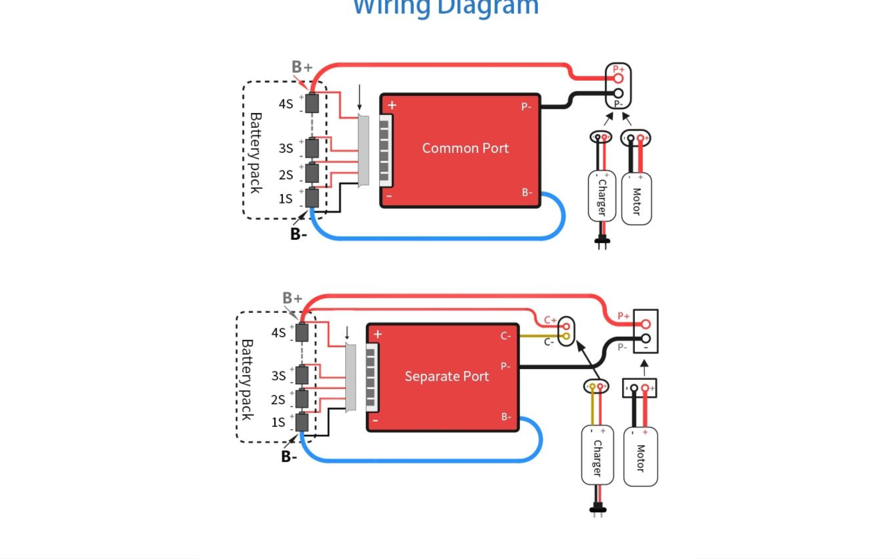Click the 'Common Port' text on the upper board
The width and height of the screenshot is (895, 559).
(465, 148)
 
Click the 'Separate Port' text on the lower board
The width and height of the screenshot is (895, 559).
(446, 376)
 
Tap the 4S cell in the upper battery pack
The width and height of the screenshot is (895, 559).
(312, 103)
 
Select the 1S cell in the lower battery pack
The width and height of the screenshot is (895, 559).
(302, 422)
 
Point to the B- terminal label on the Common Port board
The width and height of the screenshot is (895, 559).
(527, 192)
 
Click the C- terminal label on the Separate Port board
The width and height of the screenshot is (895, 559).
(506, 336)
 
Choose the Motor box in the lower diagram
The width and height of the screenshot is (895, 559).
(640, 457)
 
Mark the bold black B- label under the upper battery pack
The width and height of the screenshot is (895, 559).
(299, 234)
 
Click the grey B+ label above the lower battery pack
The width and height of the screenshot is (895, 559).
(292, 298)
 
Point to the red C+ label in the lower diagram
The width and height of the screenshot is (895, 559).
(550, 320)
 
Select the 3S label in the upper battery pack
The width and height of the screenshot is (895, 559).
(286, 148)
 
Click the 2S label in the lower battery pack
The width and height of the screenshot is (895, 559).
(278, 400)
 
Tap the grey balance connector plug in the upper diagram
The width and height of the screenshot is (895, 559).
(363, 151)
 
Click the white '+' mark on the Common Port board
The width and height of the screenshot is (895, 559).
(392, 106)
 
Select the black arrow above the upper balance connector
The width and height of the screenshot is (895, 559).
(359, 97)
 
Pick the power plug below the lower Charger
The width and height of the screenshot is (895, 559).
(597, 508)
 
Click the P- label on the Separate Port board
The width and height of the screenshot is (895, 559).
(506, 366)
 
